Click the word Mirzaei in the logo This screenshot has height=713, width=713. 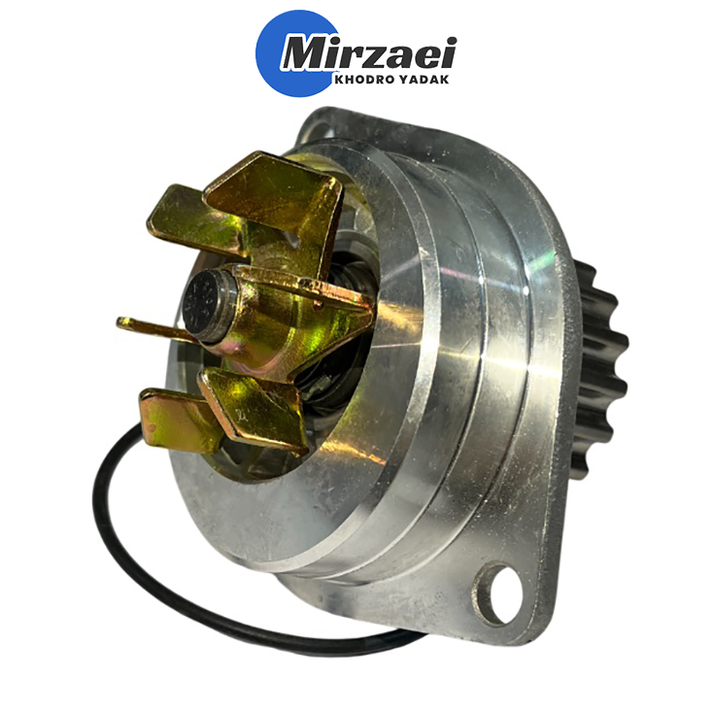pyautogui.click(x=368, y=54)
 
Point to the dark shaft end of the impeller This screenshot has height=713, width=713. pyautogui.click(x=204, y=304)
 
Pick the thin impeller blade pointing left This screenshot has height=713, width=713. pyautogui.click(x=153, y=328)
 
